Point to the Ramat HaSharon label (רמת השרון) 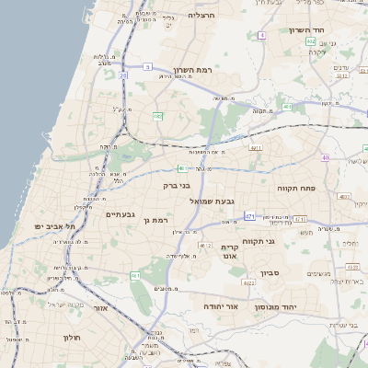click(x=192, y=70)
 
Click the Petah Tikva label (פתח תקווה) click(x=296, y=188)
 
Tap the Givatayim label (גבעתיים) click(x=121, y=214)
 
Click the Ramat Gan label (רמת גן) click(x=159, y=221)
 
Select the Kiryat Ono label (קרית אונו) click(x=230, y=252)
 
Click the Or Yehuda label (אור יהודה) click(x=222, y=305)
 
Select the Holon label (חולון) click(x=73, y=338)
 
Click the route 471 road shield click(x=249, y=216)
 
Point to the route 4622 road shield click(x=249, y=282)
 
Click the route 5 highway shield click(x=148, y=66)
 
